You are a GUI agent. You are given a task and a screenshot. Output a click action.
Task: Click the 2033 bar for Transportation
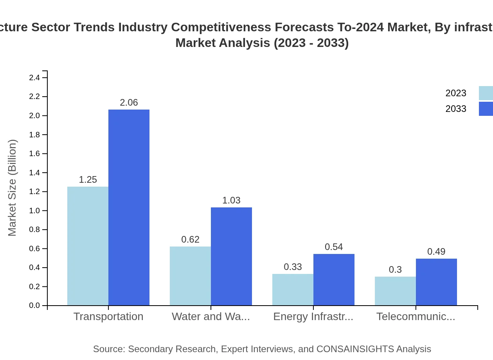[x=129, y=207]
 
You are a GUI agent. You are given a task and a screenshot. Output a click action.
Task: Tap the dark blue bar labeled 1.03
[x=231, y=256]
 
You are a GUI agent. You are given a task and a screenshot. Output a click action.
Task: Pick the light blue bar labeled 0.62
[x=190, y=276]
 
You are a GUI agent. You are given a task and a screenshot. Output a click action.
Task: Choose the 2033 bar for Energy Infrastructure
[x=334, y=279]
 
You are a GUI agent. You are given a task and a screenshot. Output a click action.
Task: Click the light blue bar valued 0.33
[x=293, y=290]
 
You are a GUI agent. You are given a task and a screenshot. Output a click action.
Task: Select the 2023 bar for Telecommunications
[x=395, y=291]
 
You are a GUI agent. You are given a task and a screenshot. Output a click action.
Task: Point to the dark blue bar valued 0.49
[x=436, y=282]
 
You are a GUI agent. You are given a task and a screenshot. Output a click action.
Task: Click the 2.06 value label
[x=129, y=103]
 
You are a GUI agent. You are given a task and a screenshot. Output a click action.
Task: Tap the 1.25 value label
[x=88, y=180]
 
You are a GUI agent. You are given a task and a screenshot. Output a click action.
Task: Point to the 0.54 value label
[x=334, y=247]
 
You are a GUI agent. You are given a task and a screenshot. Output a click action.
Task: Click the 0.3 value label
[x=395, y=270]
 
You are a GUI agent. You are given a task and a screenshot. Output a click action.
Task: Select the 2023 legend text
[x=456, y=93]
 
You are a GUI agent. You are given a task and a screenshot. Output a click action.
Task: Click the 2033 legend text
[x=456, y=109]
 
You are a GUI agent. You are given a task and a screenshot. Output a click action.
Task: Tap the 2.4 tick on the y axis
[x=34, y=77]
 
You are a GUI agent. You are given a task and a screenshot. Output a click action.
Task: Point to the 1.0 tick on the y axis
[x=34, y=211]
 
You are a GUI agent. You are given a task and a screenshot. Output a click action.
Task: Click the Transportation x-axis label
[x=108, y=316]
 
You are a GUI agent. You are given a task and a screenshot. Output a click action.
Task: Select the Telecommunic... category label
[x=416, y=316]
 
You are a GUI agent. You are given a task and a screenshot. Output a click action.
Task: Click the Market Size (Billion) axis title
[x=13, y=188]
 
